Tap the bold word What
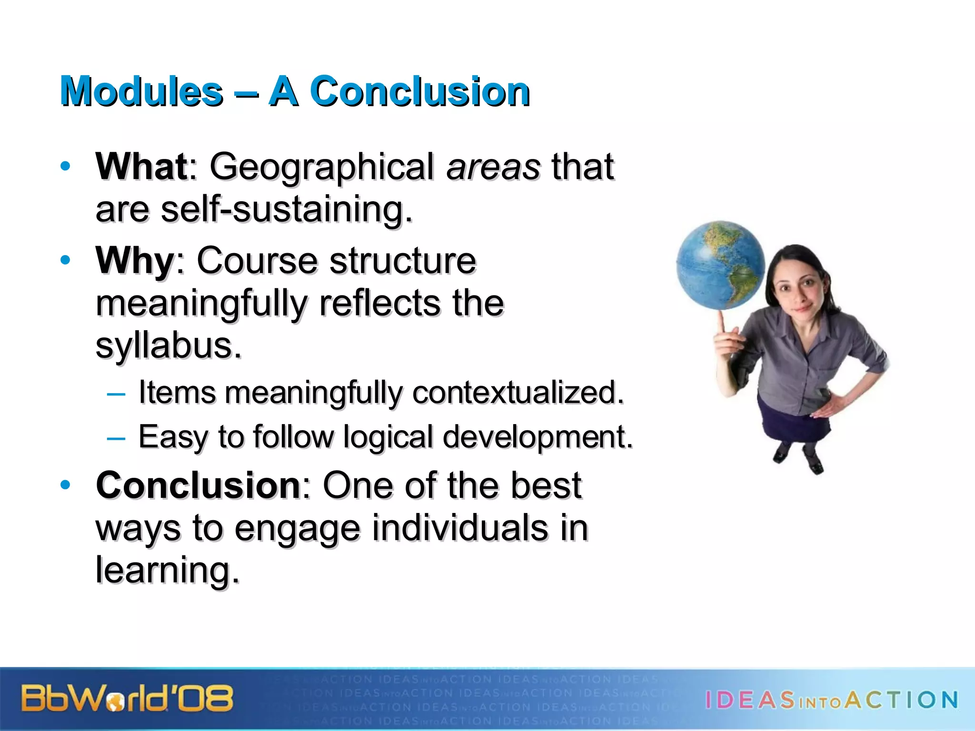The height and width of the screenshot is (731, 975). click(x=141, y=167)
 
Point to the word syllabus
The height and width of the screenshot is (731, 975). click(x=168, y=346)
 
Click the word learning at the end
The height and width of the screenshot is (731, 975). click(x=167, y=570)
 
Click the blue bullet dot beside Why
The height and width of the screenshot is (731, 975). click(x=65, y=260)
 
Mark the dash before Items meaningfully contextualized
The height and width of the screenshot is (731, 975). click(x=116, y=394)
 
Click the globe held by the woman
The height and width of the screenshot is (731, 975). click(x=719, y=266)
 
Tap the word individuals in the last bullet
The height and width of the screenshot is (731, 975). click(x=460, y=528)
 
